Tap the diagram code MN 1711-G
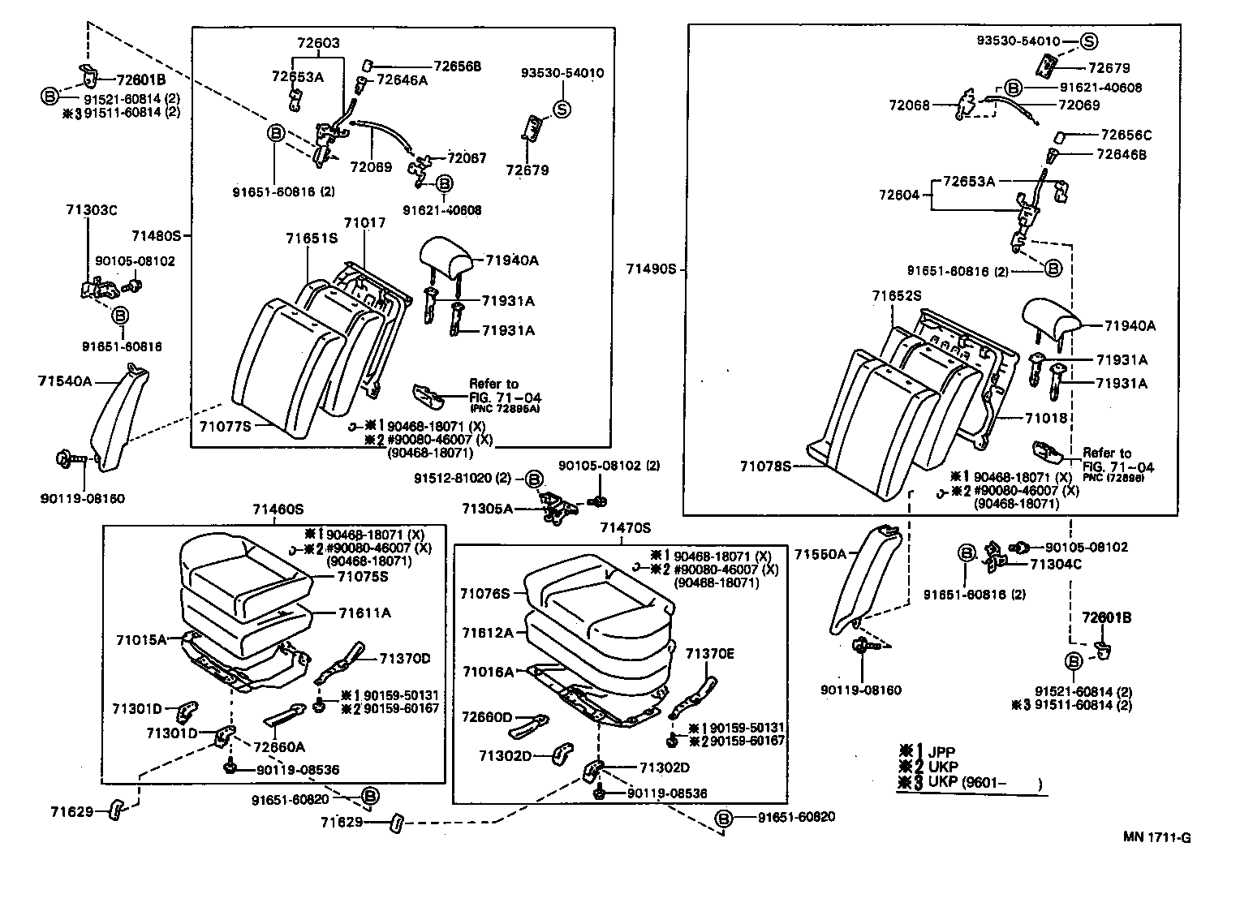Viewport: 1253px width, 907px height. click(x=1156, y=838)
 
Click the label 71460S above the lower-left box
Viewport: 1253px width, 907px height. click(x=278, y=509)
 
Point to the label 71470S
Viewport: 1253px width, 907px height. click(x=626, y=528)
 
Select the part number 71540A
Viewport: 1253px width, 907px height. click(x=65, y=380)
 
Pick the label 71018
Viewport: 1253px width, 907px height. click(x=1045, y=419)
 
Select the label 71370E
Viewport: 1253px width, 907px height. click(x=709, y=653)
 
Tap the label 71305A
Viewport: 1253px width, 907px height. click(x=487, y=509)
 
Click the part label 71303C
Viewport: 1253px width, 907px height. click(x=92, y=210)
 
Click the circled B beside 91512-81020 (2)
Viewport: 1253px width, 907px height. click(x=533, y=479)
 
